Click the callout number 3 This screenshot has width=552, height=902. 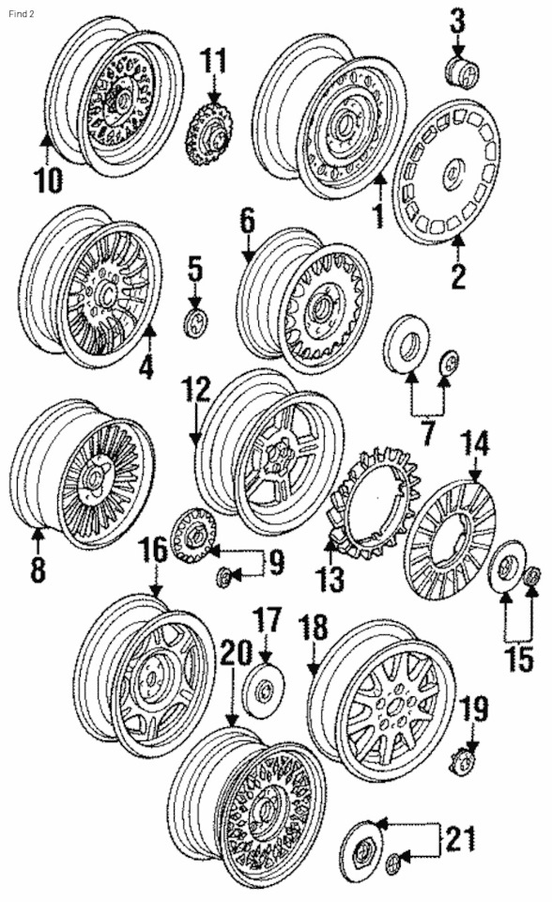click(x=457, y=20)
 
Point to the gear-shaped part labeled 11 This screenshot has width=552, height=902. click(x=210, y=134)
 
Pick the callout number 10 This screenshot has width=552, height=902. click(x=48, y=179)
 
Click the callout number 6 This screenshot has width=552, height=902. click(x=247, y=222)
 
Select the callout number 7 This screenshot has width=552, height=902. click(x=428, y=434)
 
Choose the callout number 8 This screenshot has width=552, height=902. click(x=37, y=569)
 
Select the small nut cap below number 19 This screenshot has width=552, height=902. click(x=467, y=756)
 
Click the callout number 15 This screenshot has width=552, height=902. click(x=519, y=659)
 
